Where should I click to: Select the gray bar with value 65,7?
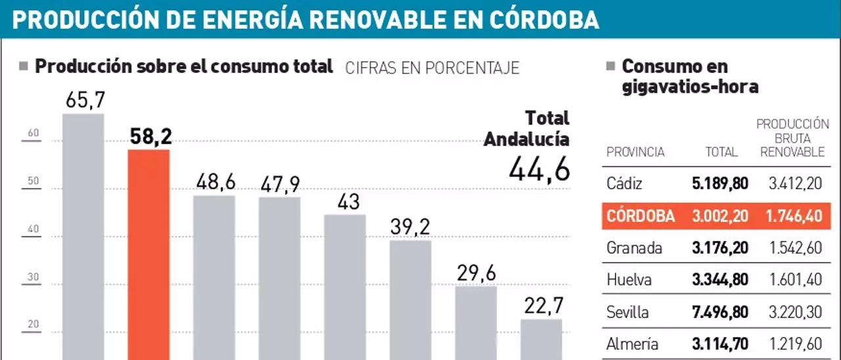tap(83, 236)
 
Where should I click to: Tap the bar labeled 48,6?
tap(214, 276)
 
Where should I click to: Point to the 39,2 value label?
tap(410, 227)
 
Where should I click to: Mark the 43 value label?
tap(345, 201)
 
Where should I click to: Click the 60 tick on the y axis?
tap(34, 133)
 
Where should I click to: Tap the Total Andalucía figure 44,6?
tap(539, 169)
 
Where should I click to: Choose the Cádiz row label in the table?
tap(624, 184)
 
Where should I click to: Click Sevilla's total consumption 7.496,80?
tap(720, 312)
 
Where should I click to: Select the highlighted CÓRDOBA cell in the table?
tap(641, 216)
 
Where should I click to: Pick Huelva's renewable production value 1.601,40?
tap(795, 280)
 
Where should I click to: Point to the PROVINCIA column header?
tap(635, 152)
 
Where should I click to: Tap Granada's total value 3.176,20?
tap(720, 248)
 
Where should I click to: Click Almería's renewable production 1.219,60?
tap(795, 344)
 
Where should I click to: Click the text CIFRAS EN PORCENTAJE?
tap(432, 68)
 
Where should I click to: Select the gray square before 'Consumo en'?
tap(610, 66)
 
